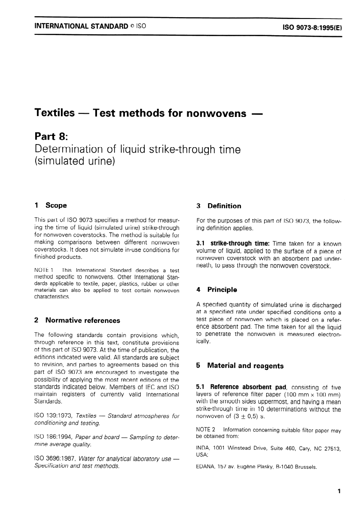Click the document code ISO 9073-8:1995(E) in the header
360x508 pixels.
312,27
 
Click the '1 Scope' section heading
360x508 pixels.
51,205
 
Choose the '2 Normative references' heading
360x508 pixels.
77,321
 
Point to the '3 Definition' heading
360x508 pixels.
219,206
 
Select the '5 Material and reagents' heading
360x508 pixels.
240,366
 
